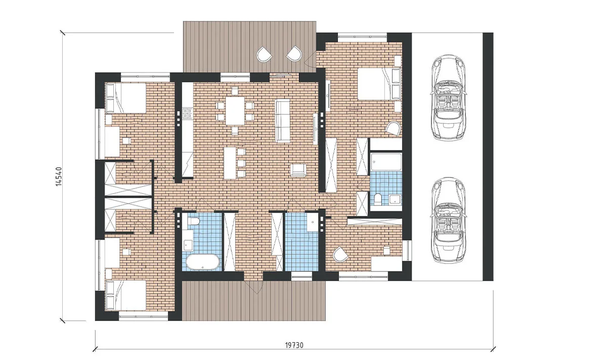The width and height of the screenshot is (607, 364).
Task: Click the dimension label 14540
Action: pos(59,176)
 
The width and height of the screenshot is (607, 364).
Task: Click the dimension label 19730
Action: pos(294,345)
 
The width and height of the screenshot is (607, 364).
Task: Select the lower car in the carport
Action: pos(448,219)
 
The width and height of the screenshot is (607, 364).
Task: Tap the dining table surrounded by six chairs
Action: pos(235,111)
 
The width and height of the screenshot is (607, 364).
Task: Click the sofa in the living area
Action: pos(282,121)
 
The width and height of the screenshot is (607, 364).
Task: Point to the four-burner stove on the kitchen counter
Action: pos(188,113)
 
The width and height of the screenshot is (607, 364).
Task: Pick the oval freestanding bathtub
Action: pos(202,262)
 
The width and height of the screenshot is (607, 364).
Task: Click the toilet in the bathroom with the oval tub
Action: pos(193,221)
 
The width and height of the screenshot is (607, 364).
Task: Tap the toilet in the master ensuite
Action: pos(377,199)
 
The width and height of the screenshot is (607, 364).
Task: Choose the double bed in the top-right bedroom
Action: pos(379,84)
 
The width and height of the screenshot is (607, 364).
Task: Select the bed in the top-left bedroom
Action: pos(126,98)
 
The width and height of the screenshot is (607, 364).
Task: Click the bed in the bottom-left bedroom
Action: pos(126,295)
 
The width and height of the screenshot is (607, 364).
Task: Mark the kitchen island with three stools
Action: pos(230,163)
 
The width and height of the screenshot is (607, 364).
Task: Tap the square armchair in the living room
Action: pos(298,170)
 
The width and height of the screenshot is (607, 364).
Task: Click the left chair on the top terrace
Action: pos(264,55)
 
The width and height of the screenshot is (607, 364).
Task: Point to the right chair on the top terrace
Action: pos(294,54)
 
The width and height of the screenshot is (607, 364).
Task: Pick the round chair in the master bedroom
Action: pos(393,128)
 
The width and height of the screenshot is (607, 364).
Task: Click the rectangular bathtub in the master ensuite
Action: pos(386,162)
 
